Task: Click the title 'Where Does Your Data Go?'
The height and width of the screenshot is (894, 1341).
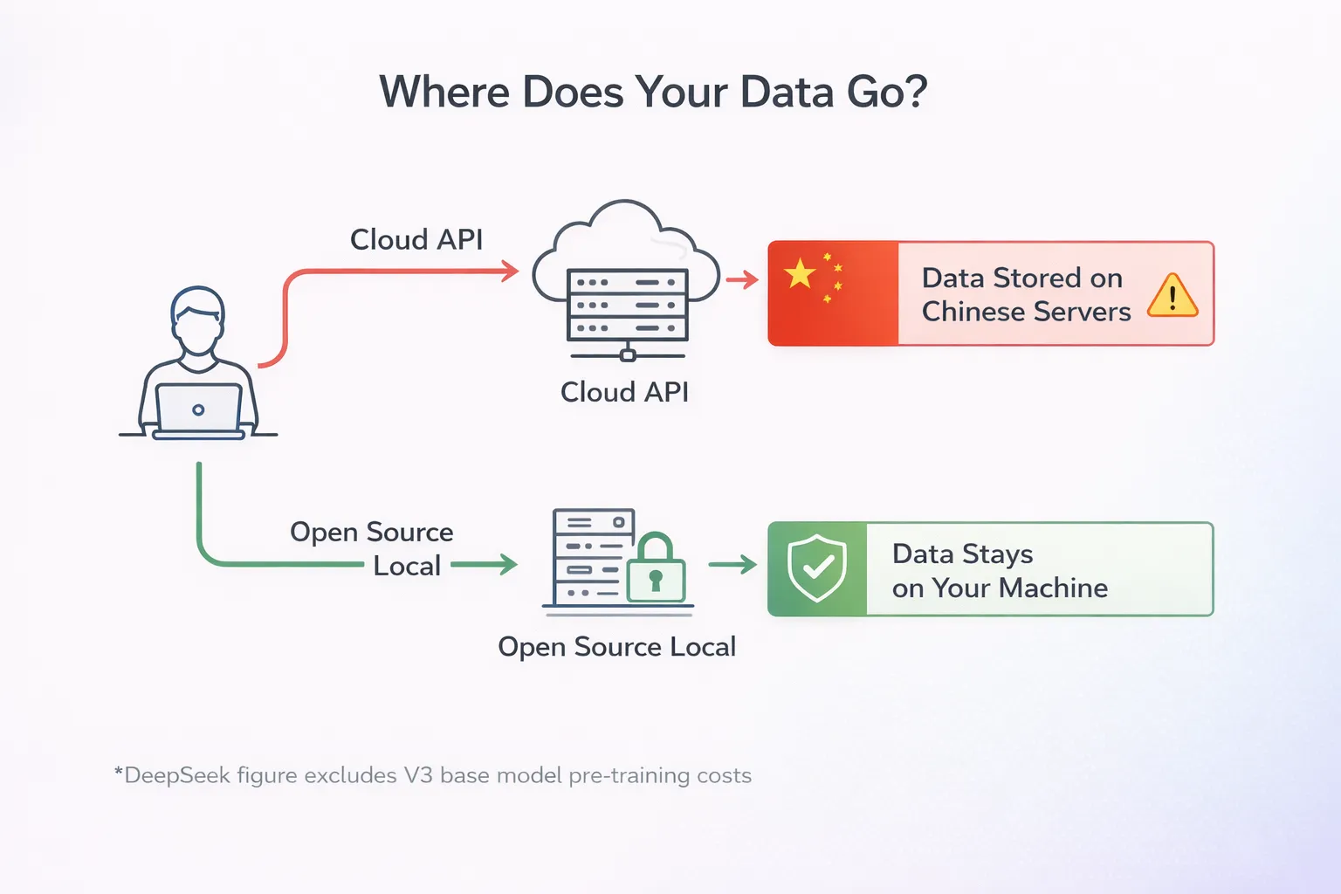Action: pyautogui.click(x=653, y=92)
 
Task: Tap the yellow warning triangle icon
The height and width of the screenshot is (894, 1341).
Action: pyautogui.click(x=1173, y=295)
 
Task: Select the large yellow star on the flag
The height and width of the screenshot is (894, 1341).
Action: pyautogui.click(x=799, y=273)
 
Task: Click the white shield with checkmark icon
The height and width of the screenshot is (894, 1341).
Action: pyautogui.click(x=817, y=568)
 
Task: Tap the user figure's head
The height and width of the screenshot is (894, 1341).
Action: pyautogui.click(x=198, y=320)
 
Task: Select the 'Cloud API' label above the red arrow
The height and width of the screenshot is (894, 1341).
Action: pyautogui.click(x=416, y=239)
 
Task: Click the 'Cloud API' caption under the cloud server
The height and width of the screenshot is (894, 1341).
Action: pyautogui.click(x=624, y=392)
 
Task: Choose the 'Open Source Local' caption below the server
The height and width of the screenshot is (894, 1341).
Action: pyautogui.click(x=616, y=647)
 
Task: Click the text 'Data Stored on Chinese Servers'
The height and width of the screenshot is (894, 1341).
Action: pyautogui.click(x=1026, y=294)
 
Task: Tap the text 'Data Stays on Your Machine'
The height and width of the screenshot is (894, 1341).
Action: pyautogui.click(x=1000, y=571)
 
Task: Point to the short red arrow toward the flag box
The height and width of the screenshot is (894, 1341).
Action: pyautogui.click(x=742, y=279)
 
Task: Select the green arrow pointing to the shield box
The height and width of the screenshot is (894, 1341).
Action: pyautogui.click(x=732, y=565)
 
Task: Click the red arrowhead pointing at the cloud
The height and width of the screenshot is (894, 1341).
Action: pyautogui.click(x=510, y=271)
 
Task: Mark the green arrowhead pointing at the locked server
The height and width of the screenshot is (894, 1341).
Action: pyautogui.click(x=507, y=565)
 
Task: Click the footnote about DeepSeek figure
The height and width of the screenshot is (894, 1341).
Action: pyautogui.click(x=433, y=775)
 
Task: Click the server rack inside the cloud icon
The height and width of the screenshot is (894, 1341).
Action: pyautogui.click(x=627, y=306)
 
